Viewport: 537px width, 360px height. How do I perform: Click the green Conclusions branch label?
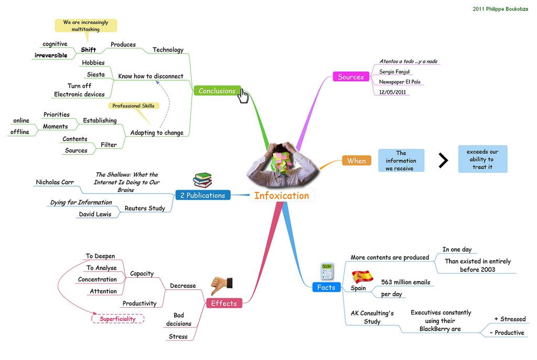217,91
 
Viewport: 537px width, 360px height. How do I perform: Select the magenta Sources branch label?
350,77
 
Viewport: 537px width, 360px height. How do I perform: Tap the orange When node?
356,161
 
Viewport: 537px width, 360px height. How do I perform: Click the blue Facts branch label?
326,287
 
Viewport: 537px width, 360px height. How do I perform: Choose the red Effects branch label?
224,303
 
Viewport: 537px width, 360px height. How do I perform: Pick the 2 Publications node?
202,195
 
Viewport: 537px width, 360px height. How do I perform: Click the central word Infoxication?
282,196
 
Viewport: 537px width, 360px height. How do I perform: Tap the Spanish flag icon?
362,276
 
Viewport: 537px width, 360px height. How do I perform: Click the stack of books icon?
202,180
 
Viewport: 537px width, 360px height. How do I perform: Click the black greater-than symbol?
443,161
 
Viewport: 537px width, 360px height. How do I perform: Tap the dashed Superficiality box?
118,319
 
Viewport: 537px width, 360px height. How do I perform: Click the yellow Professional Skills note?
133,106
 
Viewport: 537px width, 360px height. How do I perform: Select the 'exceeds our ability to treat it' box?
482,159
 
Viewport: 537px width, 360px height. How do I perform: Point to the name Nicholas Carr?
55,182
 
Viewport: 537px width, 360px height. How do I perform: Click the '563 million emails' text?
405,282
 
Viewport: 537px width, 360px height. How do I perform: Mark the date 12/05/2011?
392,92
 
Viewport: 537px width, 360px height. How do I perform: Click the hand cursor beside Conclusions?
244,96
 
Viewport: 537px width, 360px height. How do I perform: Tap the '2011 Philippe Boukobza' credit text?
500,9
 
